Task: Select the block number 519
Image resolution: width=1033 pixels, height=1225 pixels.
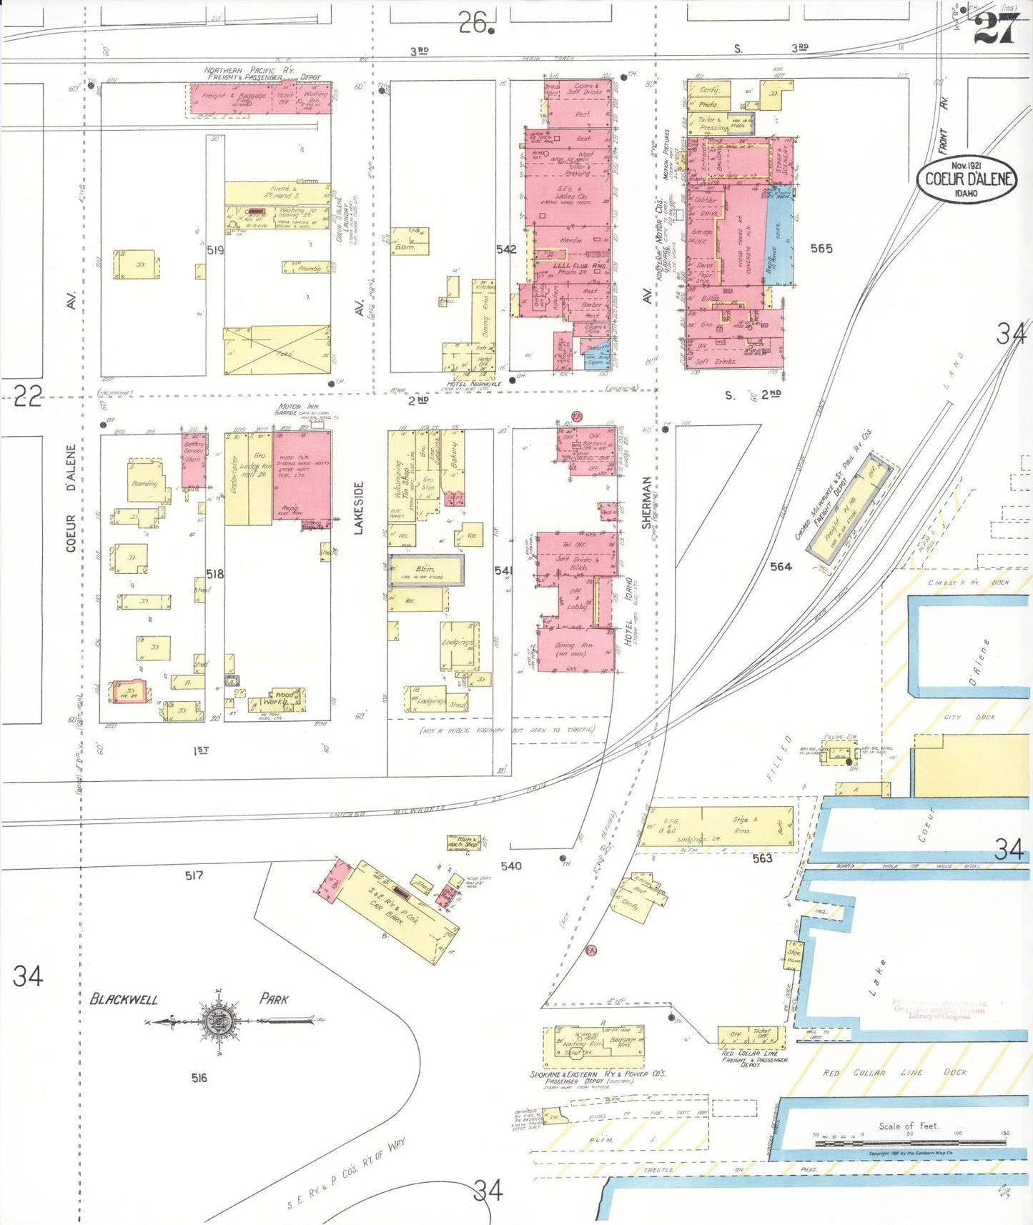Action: click(215, 250)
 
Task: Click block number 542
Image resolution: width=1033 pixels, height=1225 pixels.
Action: click(506, 249)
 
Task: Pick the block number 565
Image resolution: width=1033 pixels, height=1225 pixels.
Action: click(821, 249)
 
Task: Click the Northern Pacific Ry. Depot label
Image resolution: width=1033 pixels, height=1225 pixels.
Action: click(262, 74)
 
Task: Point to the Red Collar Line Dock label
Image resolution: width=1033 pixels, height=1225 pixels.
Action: click(894, 1073)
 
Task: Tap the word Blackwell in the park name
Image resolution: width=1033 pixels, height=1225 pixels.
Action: click(124, 999)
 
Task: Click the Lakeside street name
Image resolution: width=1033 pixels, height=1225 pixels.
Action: click(359, 507)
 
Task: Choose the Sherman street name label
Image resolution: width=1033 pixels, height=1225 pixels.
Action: click(647, 503)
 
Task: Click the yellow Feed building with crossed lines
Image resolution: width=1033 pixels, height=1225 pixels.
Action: click(277, 350)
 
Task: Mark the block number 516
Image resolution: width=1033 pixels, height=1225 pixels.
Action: click(199, 1078)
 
